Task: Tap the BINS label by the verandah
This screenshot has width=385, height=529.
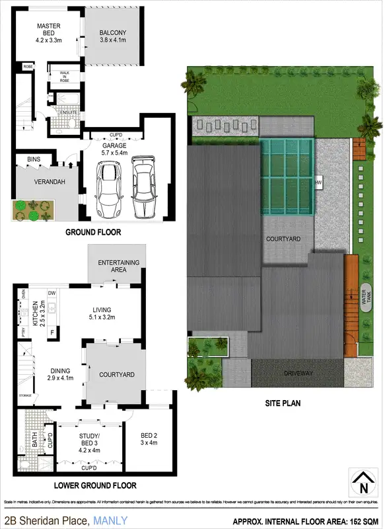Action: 34,159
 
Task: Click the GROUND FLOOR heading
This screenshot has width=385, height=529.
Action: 91,233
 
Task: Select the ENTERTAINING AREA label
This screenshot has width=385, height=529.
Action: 119,266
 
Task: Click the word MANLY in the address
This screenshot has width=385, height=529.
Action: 110,521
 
